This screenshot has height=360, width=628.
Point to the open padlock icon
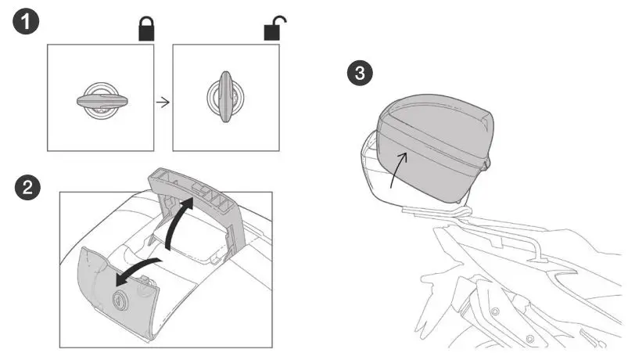(271, 30)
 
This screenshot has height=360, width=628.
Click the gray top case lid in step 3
(434, 117)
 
